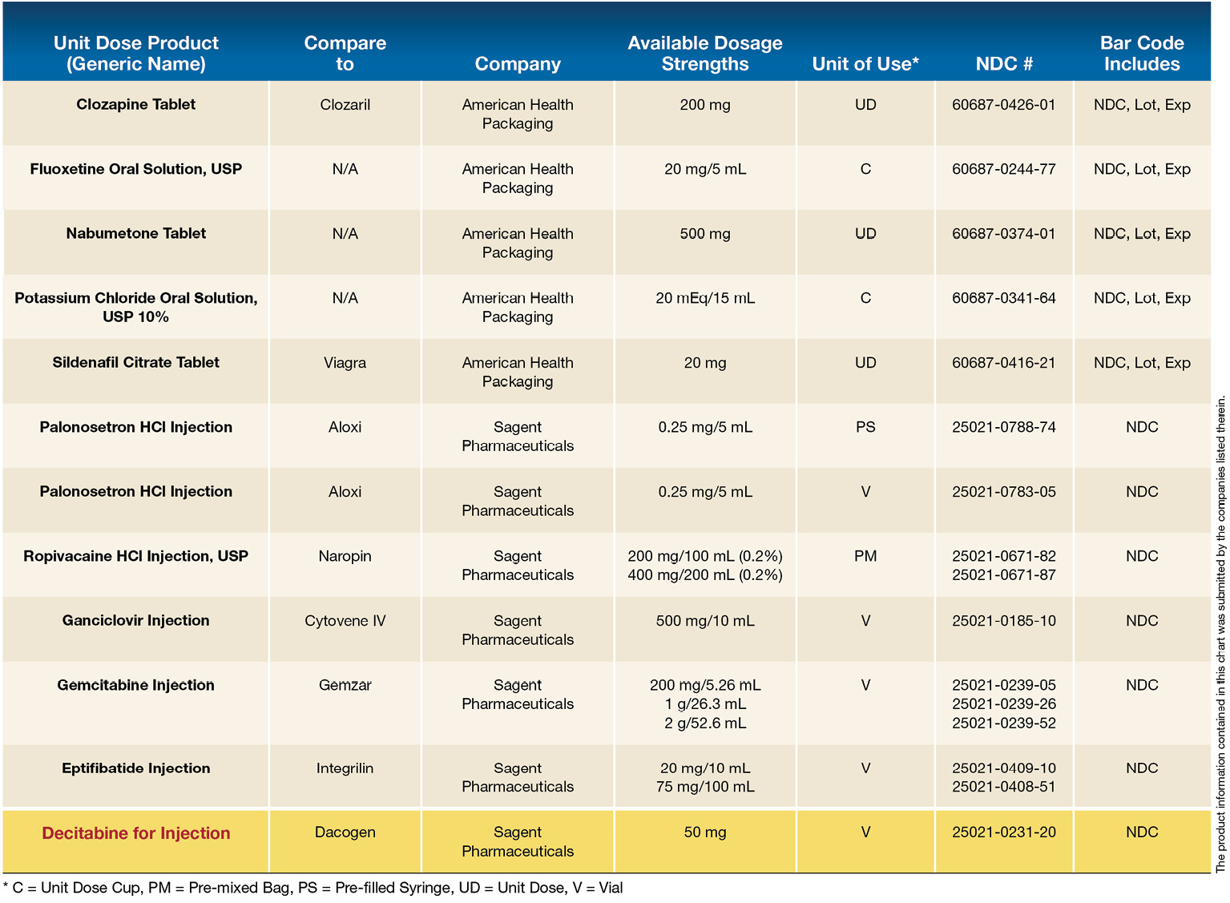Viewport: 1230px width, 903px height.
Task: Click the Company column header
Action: point(518,64)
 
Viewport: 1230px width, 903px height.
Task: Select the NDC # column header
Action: point(1004,64)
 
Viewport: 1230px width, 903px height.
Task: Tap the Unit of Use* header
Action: point(865,64)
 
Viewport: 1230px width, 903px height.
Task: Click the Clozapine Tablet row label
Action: point(136,105)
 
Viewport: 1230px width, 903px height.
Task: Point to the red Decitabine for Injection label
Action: point(136,833)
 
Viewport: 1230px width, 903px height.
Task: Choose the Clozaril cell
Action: point(345,105)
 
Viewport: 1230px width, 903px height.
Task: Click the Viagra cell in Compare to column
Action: point(345,363)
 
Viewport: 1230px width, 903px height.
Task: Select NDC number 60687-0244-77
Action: point(1004,169)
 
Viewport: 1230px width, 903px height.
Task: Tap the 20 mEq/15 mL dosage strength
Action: point(705,298)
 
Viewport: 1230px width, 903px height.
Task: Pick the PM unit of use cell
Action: point(865,556)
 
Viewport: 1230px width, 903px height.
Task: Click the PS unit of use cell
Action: point(865,427)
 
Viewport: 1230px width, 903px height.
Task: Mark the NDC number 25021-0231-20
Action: point(1004,832)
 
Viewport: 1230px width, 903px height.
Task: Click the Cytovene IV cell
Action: point(345,621)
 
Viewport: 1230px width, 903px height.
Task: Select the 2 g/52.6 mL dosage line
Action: point(705,724)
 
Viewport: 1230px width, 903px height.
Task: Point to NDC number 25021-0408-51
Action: point(1004,787)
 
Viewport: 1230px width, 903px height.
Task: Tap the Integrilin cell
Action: point(345,768)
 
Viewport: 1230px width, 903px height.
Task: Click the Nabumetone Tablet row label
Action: point(136,234)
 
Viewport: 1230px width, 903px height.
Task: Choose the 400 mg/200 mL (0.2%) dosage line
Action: point(705,575)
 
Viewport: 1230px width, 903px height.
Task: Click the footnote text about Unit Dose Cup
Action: point(313,888)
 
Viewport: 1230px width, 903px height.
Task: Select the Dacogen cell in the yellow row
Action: point(345,832)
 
